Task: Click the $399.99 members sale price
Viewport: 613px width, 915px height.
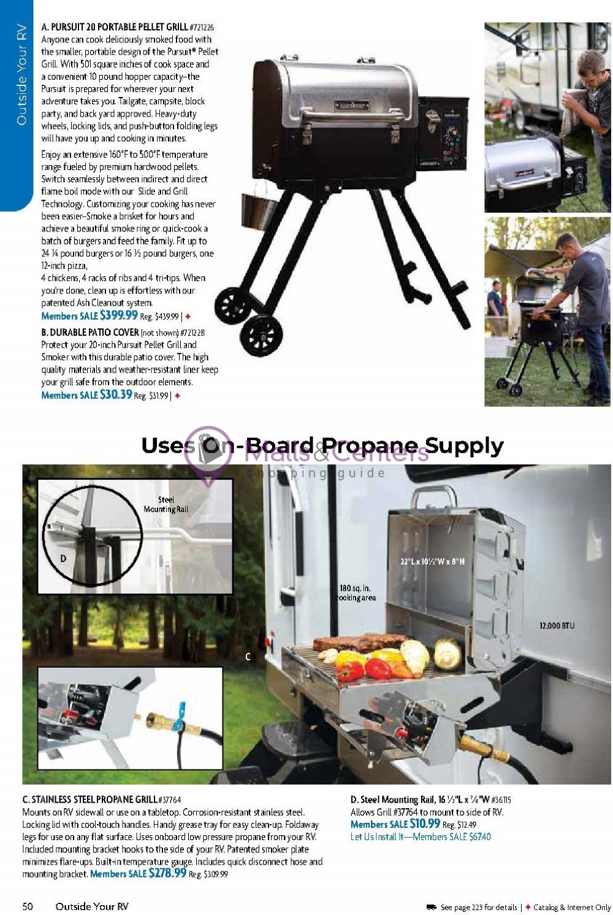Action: click(x=119, y=315)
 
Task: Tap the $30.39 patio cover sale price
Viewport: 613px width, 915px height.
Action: click(x=116, y=395)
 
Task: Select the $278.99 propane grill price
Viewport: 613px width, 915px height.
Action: click(x=167, y=873)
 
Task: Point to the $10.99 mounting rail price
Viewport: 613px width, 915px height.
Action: click(x=425, y=824)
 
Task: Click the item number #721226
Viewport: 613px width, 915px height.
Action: click(x=202, y=28)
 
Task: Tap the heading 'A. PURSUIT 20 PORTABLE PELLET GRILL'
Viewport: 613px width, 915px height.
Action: click(x=114, y=27)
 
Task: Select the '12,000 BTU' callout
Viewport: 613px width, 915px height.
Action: click(x=557, y=625)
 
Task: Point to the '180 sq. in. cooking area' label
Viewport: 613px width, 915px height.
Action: click(x=356, y=593)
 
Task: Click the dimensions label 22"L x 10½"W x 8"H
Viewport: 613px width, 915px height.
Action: click(x=432, y=562)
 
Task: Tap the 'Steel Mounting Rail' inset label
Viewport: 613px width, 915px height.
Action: click(x=166, y=504)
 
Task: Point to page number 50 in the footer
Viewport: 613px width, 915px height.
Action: click(x=28, y=906)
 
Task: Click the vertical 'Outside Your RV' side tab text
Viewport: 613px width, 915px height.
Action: click(x=21, y=75)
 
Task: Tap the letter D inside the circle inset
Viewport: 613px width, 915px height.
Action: click(x=63, y=558)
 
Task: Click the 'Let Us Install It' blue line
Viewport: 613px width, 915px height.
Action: click(x=421, y=836)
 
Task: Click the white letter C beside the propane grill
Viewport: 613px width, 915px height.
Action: click(x=248, y=657)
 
